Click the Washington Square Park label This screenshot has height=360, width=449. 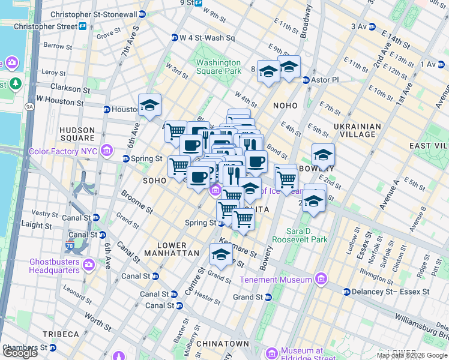click(x=218, y=67)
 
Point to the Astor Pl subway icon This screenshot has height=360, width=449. click(x=306, y=80)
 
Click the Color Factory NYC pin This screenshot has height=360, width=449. click(x=107, y=150)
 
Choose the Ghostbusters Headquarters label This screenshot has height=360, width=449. click(x=55, y=266)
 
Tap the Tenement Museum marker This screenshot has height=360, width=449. click(x=321, y=279)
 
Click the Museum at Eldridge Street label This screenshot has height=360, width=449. click(x=298, y=354)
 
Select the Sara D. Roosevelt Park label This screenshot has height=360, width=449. click(x=300, y=235)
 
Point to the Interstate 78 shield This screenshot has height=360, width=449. click(x=70, y=246)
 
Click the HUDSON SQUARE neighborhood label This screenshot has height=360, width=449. click(x=77, y=134)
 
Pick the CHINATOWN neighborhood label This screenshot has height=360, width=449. click(x=224, y=343)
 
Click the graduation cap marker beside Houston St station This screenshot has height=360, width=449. click(x=149, y=106)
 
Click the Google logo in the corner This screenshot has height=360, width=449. click(x=20, y=353)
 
